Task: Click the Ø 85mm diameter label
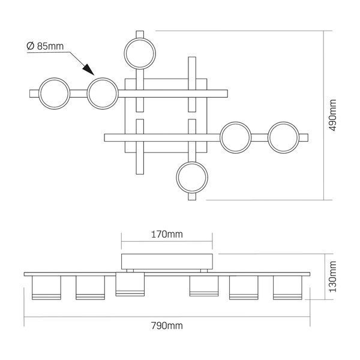click(45, 46)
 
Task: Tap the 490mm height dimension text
click(332, 115)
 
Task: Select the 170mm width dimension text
click(167, 235)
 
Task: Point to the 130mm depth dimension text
click(332, 277)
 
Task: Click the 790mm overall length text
click(167, 326)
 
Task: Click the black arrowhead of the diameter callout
click(89, 69)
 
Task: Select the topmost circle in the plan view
click(140, 53)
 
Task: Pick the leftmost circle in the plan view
click(54, 94)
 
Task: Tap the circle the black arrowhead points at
click(103, 94)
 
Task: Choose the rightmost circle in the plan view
click(284, 137)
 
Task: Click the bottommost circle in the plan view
click(192, 177)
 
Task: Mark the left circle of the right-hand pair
click(236, 137)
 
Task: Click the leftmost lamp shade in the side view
click(47, 287)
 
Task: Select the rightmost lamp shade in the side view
click(287, 287)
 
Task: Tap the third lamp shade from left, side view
click(130, 284)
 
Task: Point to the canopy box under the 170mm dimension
click(167, 262)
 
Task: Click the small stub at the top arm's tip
click(140, 34)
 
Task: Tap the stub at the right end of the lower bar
click(304, 138)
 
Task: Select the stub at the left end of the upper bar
click(34, 94)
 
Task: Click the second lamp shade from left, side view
click(90, 287)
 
